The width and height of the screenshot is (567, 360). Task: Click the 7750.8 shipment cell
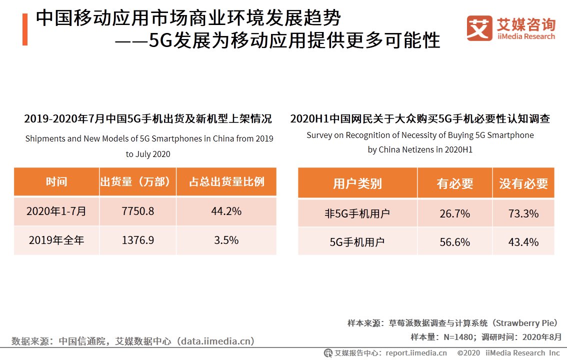tap(137, 211)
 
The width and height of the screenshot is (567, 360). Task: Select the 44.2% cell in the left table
tap(226, 211)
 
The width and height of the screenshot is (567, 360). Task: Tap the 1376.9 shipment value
tap(137, 240)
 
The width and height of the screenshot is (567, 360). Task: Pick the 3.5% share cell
tap(226, 240)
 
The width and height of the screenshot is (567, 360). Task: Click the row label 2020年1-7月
tap(56, 211)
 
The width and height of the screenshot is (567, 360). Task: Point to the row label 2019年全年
tap(56, 240)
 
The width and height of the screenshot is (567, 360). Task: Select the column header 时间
tap(56, 181)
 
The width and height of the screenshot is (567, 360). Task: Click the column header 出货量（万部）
tap(137, 181)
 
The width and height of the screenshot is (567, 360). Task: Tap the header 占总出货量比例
tap(226, 181)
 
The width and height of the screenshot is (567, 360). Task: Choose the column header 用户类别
tap(357, 183)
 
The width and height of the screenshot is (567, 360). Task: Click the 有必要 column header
tap(454, 183)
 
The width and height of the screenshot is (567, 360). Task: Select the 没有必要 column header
tap(523, 183)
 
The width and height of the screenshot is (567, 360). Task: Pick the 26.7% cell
tap(454, 213)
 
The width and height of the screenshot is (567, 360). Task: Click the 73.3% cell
tap(523, 213)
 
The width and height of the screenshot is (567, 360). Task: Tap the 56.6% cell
tap(454, 242)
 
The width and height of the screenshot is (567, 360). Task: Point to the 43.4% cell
tap(523, 242)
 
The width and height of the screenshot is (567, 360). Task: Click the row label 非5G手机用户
tap(357, 213)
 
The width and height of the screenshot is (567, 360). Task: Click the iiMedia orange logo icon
tap(479, 28)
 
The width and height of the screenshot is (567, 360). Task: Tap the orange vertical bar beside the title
tap(24, 29)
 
